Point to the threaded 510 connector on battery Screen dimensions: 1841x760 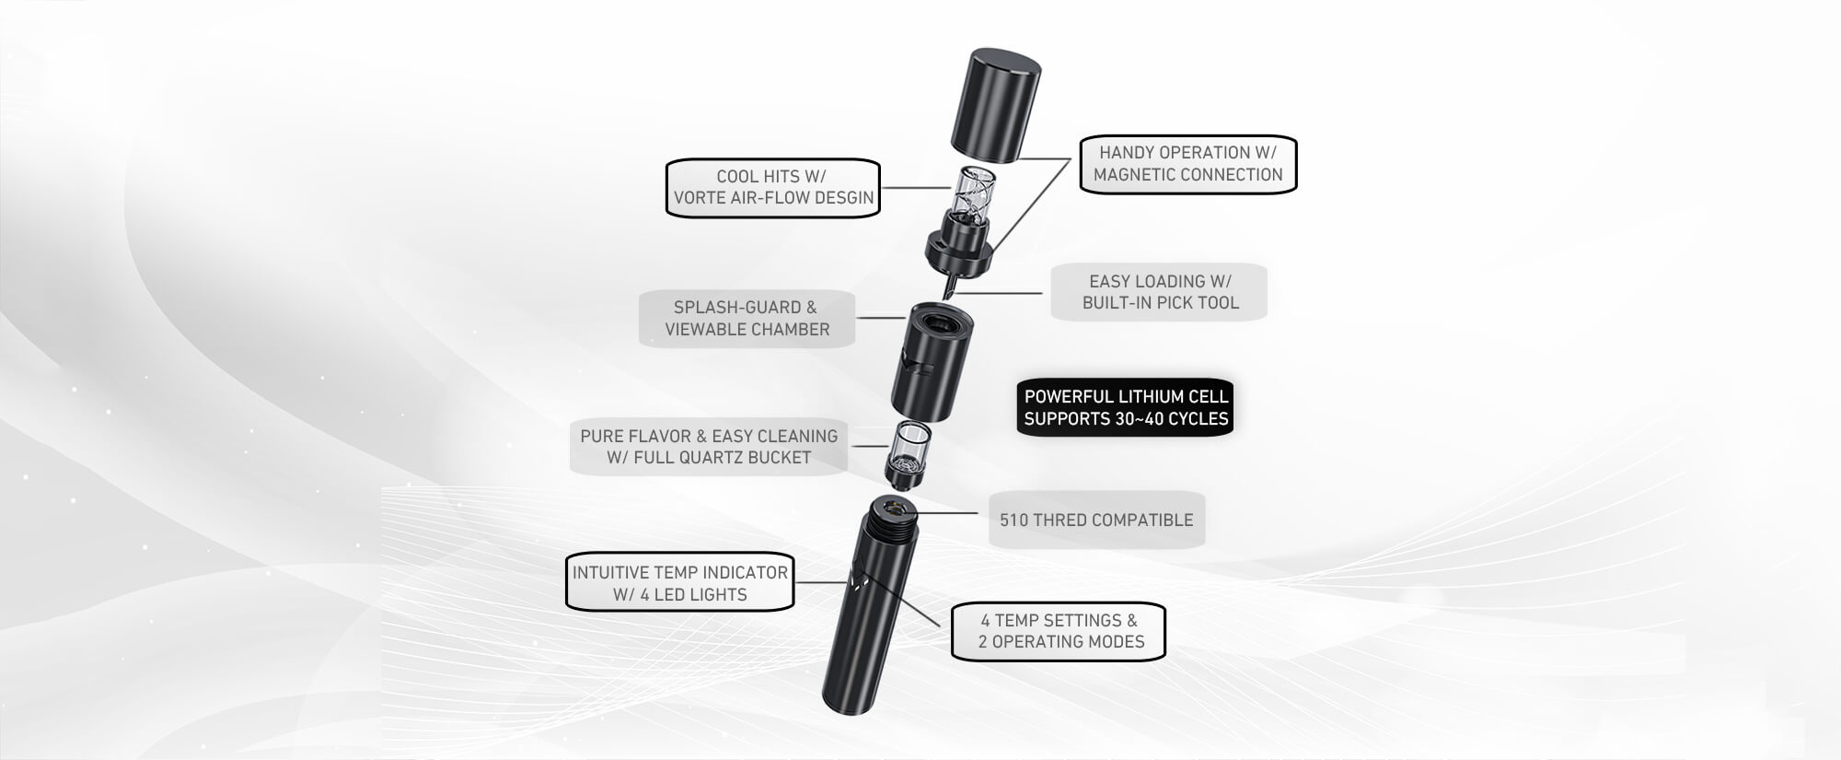click(x=890, y=520)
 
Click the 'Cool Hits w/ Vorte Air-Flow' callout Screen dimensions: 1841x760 click(x=772, y=188)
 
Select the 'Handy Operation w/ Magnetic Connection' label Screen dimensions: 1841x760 click(x=1187, y=164)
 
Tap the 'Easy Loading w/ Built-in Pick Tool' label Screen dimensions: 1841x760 click(x=1159, y=292)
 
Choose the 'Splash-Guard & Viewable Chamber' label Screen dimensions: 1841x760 click(x=747, y=319)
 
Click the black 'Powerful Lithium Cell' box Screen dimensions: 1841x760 click(x=1125, y=407)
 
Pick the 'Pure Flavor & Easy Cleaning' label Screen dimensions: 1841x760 click(x=709, y=447)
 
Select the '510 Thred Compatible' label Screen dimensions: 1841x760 click(x=1096, y=520)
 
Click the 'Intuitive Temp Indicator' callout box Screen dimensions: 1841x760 click(x=679, y=583)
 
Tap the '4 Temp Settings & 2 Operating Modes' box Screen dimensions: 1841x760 click(x=1059, y=631)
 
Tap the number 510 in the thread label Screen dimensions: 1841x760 click(x=1013, y=520)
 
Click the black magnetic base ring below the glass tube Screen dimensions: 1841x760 click(x=962, y=251)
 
